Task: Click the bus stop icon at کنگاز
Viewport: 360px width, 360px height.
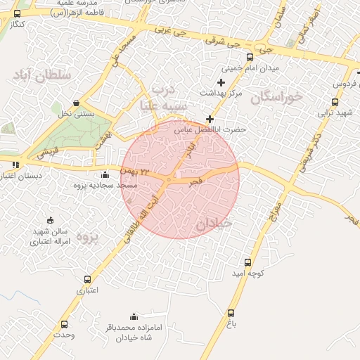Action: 17,13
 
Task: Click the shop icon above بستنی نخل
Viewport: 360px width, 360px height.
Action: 76,103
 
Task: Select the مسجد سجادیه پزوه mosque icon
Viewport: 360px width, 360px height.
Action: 105,174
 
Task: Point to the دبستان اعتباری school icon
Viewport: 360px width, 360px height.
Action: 15,165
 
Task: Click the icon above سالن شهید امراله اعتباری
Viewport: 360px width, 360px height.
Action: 49,221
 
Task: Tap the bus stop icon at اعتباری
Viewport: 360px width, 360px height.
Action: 87,279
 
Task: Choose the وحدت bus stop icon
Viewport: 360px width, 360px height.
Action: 65,324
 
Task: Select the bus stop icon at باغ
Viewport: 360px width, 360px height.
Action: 231,313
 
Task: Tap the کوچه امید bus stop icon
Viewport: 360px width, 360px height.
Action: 247,262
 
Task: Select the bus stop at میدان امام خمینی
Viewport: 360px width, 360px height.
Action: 250,58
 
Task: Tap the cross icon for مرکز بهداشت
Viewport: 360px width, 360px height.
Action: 221,83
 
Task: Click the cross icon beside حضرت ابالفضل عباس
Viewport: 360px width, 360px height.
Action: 209,119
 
